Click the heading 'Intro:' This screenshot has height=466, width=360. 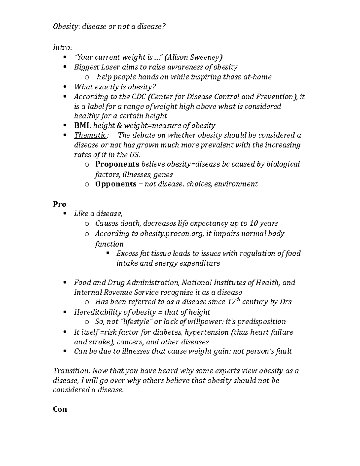click(x=62, y=47)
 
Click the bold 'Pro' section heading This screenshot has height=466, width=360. click(x=59, y=204)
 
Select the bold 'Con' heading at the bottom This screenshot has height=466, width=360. click(x=60, y=409)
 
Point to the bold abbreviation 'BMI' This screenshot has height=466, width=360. click(x=82, y=125)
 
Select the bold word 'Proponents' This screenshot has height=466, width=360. click(x=117, y=164)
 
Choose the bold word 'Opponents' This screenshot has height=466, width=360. click(x=116, y=184)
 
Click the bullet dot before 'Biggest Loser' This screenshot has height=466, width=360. click(x=65, y=67)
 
